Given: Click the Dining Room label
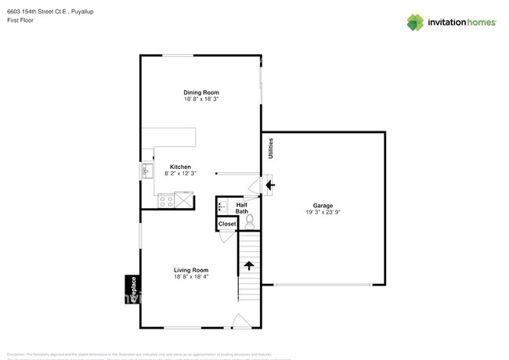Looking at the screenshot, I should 201,92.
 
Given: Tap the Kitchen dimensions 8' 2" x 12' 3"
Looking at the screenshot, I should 181,173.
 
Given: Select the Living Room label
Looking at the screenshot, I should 191,270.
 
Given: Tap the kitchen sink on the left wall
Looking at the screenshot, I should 146,170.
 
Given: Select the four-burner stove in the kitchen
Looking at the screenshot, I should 166,201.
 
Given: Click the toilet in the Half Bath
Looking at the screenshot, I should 250,221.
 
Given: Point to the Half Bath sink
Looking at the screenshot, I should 222,207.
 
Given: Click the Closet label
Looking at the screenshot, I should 227,224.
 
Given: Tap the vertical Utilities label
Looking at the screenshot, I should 269,149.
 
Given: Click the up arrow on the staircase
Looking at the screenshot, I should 249,265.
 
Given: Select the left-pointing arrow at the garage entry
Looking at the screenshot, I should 270,185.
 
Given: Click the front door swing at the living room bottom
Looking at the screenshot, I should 241,321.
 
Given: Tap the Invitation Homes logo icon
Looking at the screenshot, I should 413,22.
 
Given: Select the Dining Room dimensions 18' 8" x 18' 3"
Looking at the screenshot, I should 201,99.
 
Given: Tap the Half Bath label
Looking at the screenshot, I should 242,207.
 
